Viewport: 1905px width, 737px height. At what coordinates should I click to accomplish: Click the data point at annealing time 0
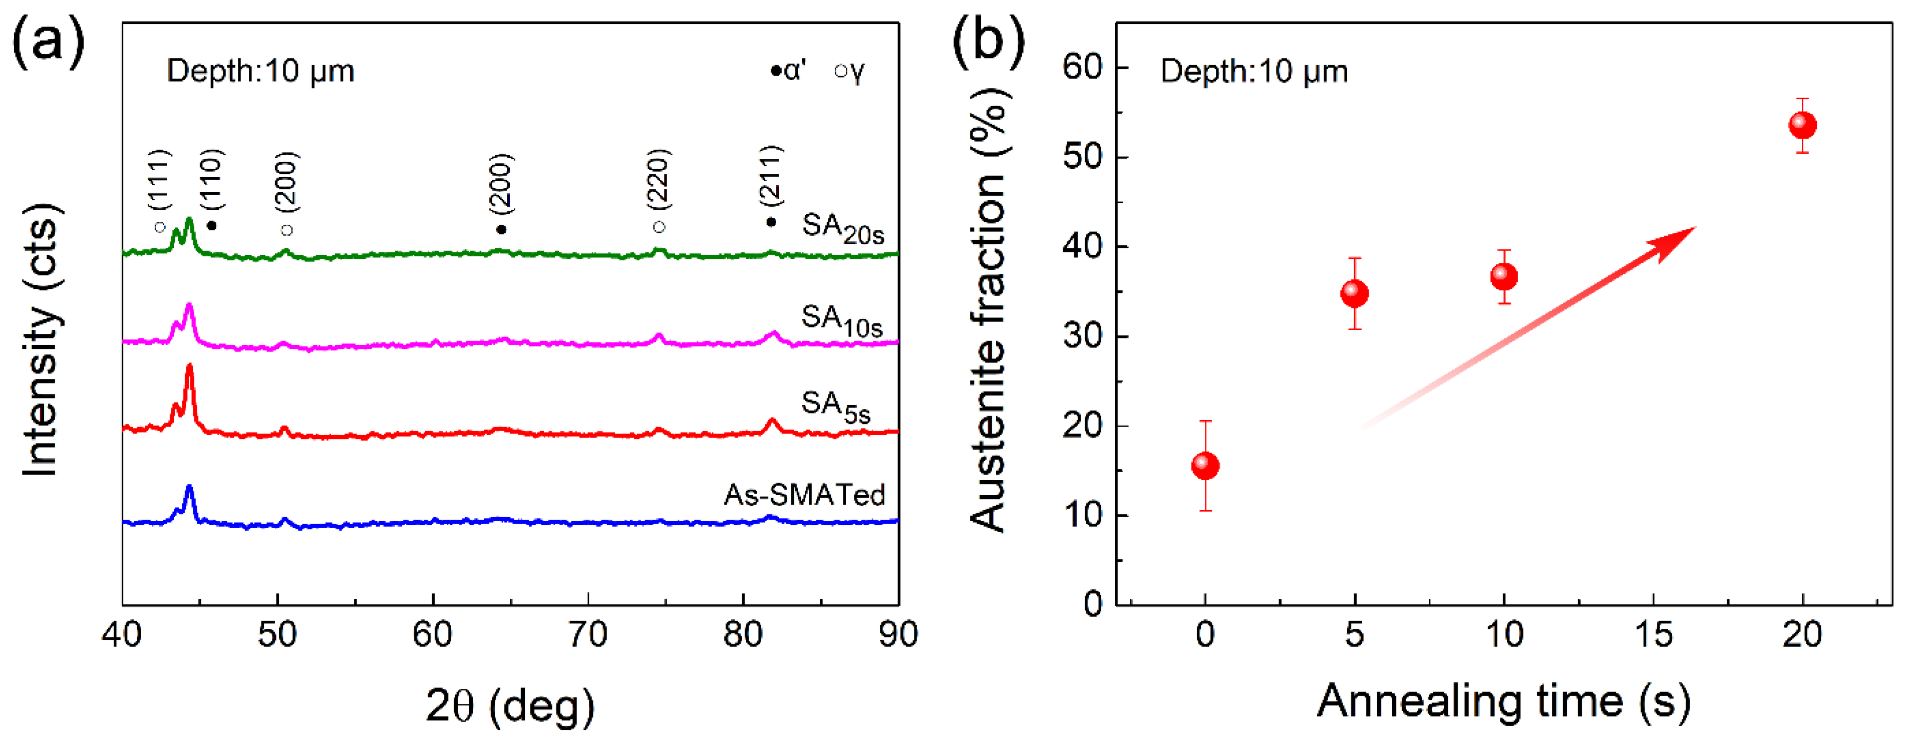(x=1205, y=465)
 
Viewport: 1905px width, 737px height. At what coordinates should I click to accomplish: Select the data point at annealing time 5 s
(x=1354, y=293)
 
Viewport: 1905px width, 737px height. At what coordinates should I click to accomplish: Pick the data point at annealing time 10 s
(x=1503, y=276)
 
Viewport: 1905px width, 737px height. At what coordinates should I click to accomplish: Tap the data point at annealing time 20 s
(x=1802, y=125)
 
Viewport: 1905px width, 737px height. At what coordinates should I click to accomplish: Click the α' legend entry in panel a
(x=788, y=71)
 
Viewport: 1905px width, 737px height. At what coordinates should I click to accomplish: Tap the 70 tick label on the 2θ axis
(x=588, y=634)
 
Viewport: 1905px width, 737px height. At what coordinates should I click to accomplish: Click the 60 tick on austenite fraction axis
(x=1083, y=67)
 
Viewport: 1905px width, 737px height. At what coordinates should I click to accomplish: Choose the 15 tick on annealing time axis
(x=1653, y=634)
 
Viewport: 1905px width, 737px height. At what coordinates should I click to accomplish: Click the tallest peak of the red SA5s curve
(x=189, y=366)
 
